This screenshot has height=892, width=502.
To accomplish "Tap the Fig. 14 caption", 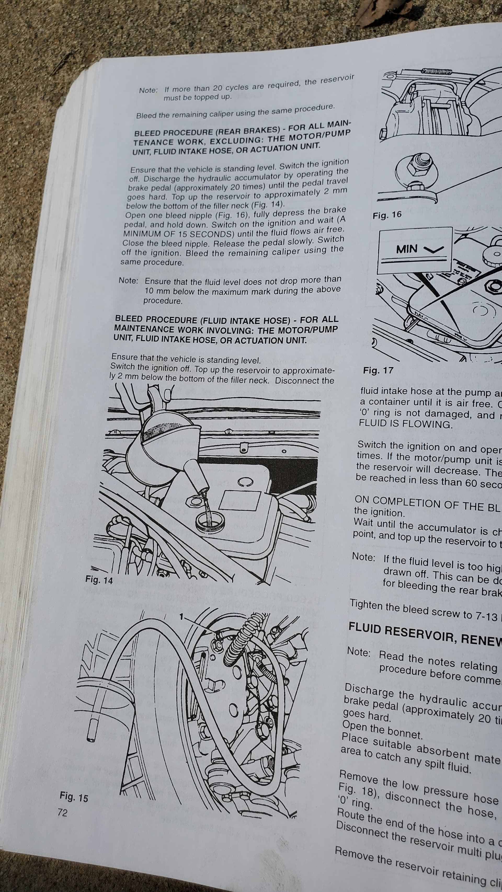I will (99, 580).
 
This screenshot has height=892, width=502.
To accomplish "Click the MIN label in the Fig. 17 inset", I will (407, 249).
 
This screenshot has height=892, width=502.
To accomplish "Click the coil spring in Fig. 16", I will (437, 72).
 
